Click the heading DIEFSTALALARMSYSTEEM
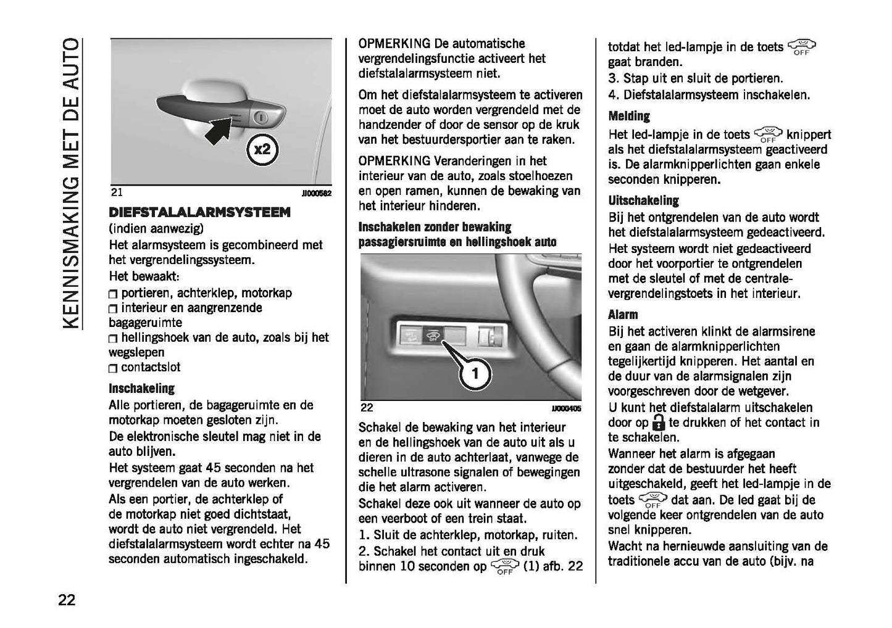click(x=199, y=212)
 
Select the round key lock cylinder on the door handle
click(x=261, y=117)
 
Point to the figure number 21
click(x=117, y=192)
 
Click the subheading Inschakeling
click(x=141, y=389)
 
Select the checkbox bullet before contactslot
click(x=112, y=368)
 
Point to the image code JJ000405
click(x=566, y=408)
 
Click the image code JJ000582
click(x=316, y=194)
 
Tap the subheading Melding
click(x=629, y=116)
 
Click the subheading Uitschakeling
click(x=643, y=200)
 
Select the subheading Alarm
click(x=623, y=315)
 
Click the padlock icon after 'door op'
click(x=659, y=423)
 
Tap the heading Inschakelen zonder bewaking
click(x=435, y=227)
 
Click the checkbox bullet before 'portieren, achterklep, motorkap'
click(x=112, y=294)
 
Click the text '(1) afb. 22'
click(x=552, y=566)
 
